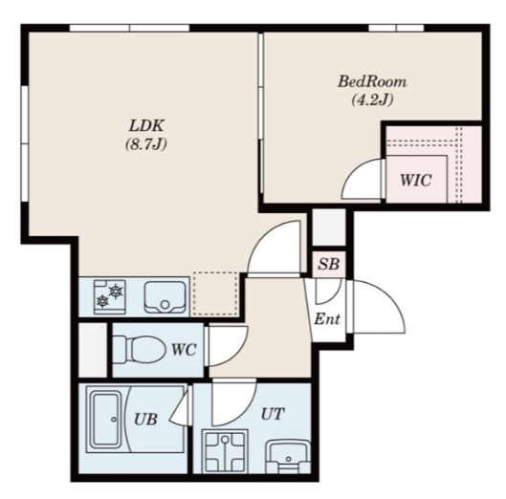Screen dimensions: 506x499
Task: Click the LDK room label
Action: click(x=146, y=126)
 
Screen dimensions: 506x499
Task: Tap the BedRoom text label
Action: click(x=372, y=81)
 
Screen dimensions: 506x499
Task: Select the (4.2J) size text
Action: click(x=372, y=99)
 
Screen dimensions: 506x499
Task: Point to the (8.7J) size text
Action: click(x=146, y=143)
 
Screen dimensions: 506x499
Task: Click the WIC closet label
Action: click(x=416, y=180)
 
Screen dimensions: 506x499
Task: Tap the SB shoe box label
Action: click(x=328, y=264)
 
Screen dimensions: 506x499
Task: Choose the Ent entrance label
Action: click(x=327, y=319)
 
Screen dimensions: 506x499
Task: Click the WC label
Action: click(x=184, y=349)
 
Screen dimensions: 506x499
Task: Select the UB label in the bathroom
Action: click(x=145, y=420)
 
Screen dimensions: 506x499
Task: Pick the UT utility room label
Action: click(x=273, y=414)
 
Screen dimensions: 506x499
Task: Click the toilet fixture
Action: click(x=138, y=350)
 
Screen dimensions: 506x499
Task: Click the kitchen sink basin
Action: click(x=165, y=296)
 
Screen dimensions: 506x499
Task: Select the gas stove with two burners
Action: click(x=110, y=296)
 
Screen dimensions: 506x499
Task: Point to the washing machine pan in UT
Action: click(x=225, y=451)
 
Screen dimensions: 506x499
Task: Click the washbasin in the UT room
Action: click(x=288, y=457)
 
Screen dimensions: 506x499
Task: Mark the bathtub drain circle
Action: click(x=114, y=419)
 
